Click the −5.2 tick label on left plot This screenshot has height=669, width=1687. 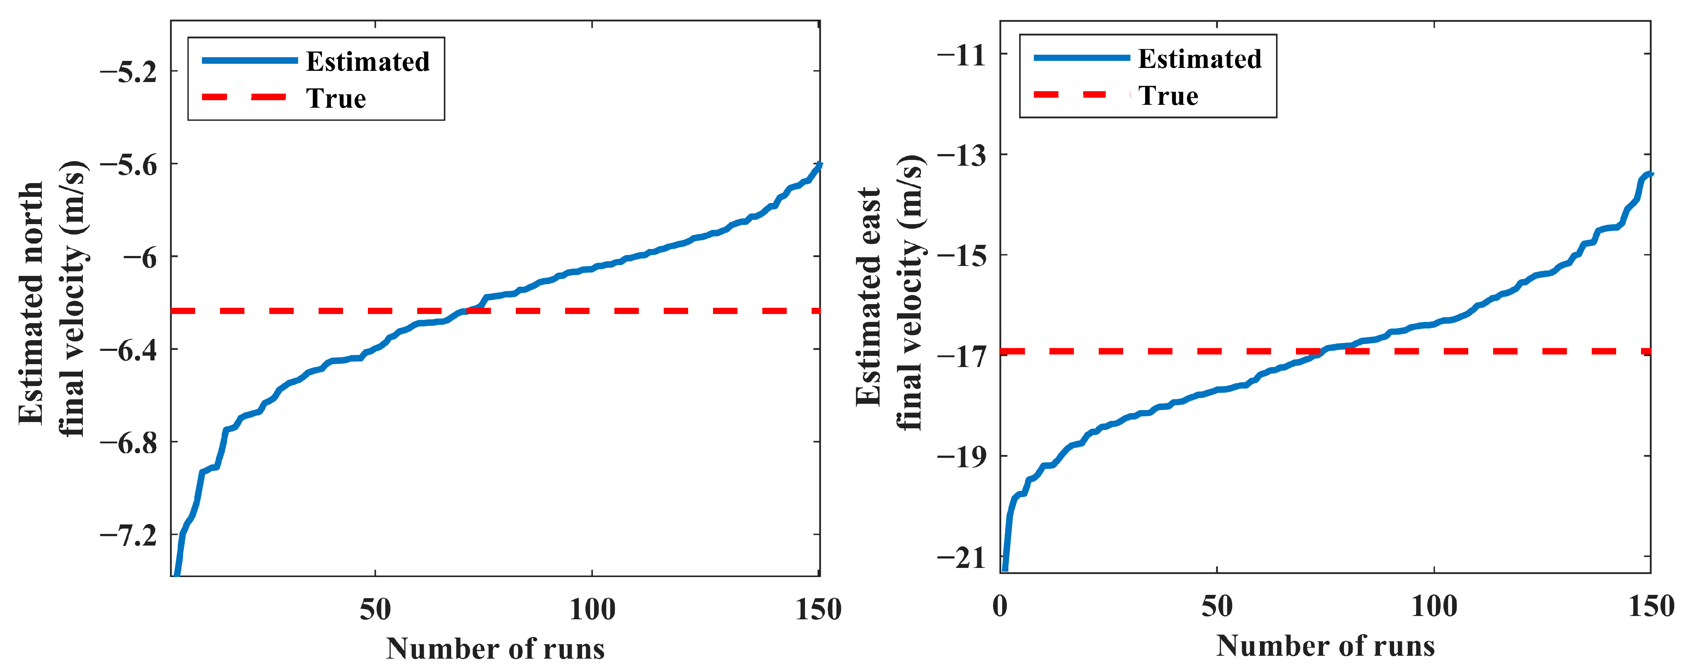tap(128, 71)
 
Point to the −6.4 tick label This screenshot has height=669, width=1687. tap(128, 350)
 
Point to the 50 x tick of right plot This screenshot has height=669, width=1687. tap(1217, 606)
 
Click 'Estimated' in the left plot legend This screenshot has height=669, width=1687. tap(367, 62)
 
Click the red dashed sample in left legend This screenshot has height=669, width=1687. tap(244, 97)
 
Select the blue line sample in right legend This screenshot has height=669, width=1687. tap(1081, 58)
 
